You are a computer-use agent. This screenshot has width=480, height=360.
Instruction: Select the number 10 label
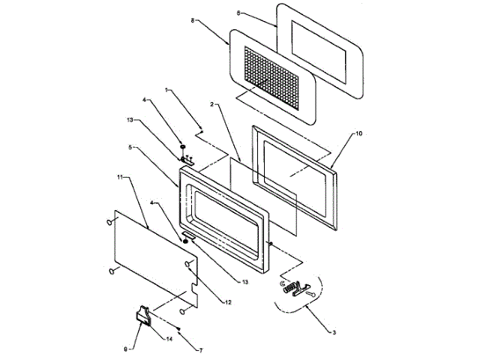click(x=358, y=133)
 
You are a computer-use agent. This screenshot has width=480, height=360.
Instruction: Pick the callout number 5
click(x=132, y=148)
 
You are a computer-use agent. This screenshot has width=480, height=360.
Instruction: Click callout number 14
click(x=170, y=339)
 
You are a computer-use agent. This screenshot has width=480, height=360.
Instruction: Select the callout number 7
click(x=199, y=351)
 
